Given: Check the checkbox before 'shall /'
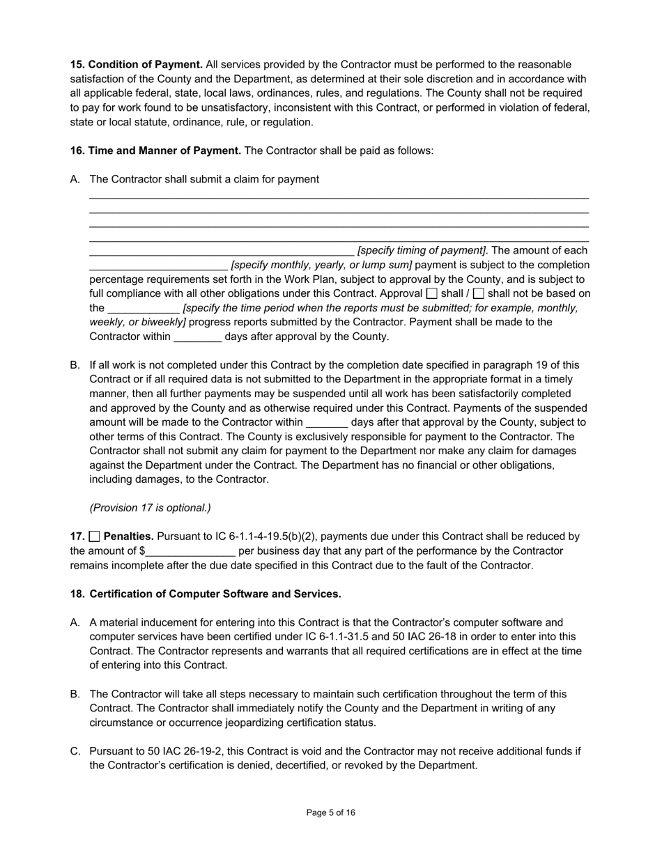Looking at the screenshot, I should coord(432,294).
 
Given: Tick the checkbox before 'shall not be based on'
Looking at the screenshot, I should coord(479,294).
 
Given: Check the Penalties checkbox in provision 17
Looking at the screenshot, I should coord(95,536).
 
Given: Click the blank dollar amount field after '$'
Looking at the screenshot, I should coord(190,552).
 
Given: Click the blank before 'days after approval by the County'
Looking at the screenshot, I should coord(197,337).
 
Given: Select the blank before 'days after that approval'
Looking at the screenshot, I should coord(326,423).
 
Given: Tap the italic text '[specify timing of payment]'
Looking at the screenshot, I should coord(422,251).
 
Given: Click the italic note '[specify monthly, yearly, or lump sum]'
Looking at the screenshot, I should coord(321,265).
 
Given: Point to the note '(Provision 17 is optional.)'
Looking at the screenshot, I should coord(150,508).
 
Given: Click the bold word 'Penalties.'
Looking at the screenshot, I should coord(129,536).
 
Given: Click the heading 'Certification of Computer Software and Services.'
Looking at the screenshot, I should coord(215,594).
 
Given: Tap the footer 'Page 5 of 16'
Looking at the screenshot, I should coord(331,812).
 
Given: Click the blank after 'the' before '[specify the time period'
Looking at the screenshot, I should coord(144,309).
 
